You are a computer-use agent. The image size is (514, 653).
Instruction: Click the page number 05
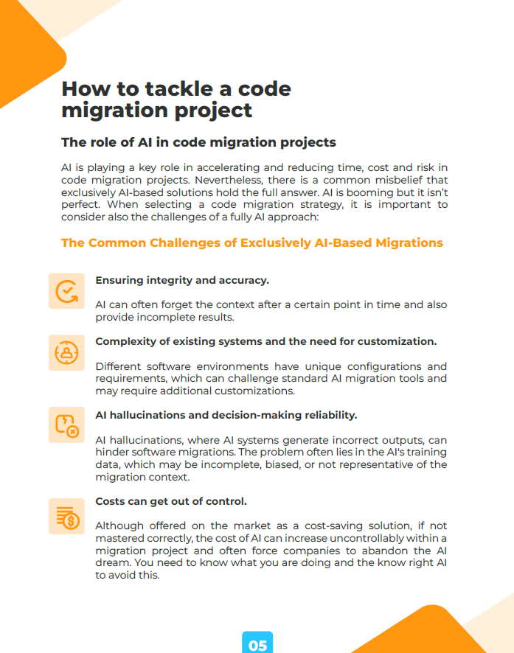[x=257, y=645]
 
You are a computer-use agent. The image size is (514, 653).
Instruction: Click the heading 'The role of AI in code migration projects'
[x=198, y=142]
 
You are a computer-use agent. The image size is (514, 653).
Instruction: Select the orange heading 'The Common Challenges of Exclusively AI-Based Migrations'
[x=251, y=242]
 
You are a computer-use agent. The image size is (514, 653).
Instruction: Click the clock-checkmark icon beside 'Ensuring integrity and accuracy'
[x=67, y=291]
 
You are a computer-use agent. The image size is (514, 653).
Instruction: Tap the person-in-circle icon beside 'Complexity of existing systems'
[x=67, y=352]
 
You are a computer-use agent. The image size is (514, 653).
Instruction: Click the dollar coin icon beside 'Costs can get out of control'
[x=67, y=517]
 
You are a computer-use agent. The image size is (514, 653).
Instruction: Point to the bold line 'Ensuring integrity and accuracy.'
[x=182, y=280]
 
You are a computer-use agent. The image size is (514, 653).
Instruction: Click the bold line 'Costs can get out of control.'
[x=171, y=501]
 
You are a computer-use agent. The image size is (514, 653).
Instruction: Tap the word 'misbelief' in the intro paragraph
[x=422, y=181]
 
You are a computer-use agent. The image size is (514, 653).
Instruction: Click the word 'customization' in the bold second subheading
[x=399, y=341]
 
